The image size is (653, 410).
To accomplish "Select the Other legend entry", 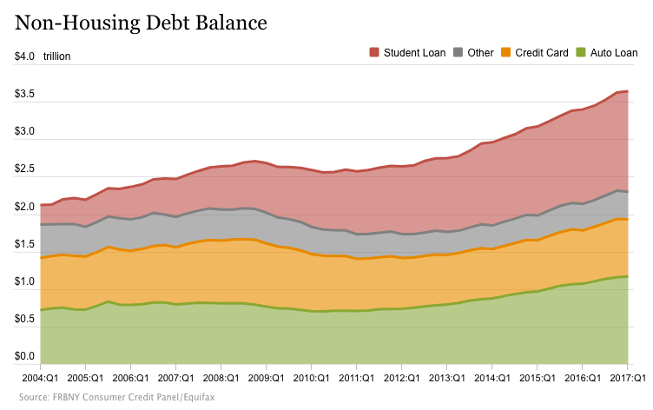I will click(480, 53).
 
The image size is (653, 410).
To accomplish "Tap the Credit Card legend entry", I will click(542, 53).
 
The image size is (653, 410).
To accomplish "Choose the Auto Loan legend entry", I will click(613, 53).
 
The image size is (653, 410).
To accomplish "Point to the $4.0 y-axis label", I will click(24, 57).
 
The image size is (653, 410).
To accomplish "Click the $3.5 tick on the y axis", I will click(24, 95).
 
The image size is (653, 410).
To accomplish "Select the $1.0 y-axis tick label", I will click(24, 282).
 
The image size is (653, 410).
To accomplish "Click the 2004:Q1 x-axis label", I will click(40, 379).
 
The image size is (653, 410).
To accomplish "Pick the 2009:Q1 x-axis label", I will click(265, 379).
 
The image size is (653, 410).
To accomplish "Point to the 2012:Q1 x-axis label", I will click(401, 379).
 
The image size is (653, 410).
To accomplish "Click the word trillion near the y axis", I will click(56, 57).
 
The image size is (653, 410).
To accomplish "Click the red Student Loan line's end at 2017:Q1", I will click(627, 91).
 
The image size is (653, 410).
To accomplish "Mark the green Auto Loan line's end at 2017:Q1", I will click(627, 276).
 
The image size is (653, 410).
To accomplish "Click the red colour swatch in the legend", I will click(375, 53).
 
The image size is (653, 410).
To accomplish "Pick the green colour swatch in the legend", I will click(581, 53).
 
